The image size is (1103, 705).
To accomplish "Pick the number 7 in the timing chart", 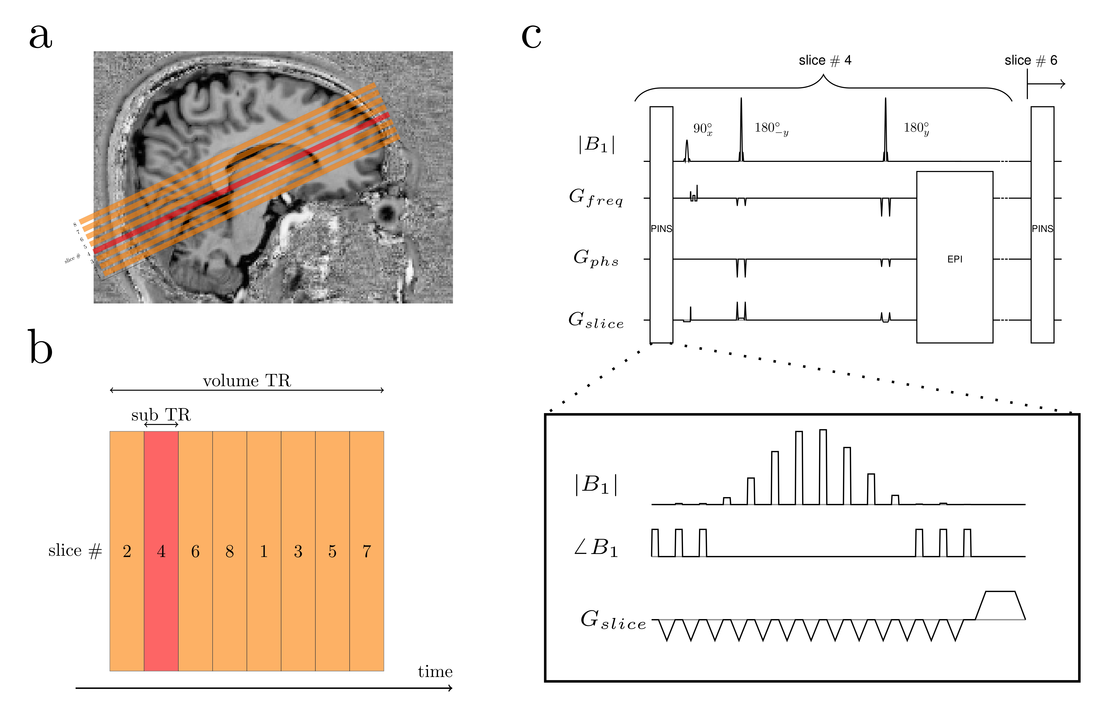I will [x=366, y=551].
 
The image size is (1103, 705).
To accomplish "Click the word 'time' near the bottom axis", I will [x=435, y=671].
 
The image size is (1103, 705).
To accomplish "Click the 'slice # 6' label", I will [x=1031, y=60].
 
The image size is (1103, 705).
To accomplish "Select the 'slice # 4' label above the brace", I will [x=825, y=60].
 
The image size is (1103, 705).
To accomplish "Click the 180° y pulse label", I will [x=916, y=129].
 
